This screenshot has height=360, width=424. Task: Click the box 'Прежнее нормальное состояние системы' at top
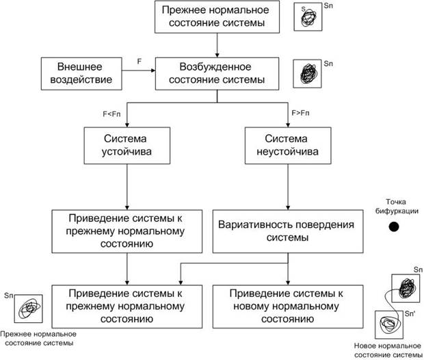coord(217,18)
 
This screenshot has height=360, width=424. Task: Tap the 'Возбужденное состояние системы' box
coord(217,74)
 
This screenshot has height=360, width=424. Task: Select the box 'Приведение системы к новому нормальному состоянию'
coord(282,305)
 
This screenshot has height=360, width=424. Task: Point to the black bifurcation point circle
coord(393,227)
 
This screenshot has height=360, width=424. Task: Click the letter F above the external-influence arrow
coord(140,62)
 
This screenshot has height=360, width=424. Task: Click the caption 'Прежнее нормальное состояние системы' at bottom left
coord(38,337)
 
